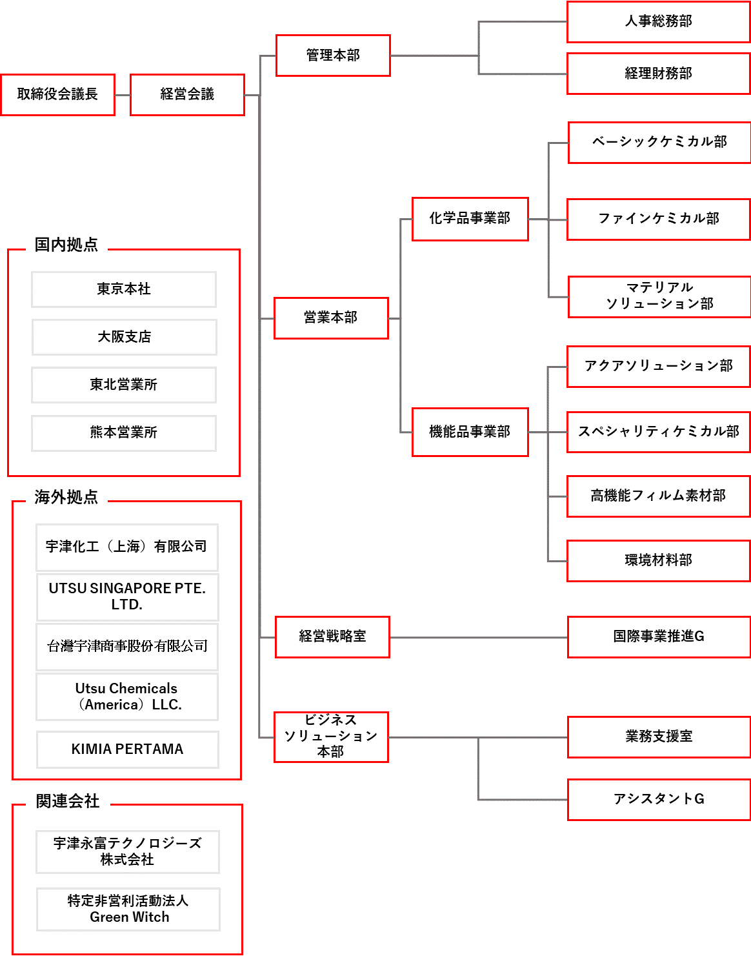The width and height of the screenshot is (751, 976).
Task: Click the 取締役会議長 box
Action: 57,95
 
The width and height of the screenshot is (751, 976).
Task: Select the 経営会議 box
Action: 187,95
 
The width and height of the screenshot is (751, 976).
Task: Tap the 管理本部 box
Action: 333,56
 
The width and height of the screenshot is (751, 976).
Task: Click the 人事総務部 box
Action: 658,22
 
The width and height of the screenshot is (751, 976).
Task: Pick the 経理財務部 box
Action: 658,74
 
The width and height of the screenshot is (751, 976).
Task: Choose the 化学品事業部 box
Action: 470,219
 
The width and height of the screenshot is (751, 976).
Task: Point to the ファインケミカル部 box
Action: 658,219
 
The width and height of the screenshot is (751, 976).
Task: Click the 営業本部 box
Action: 331,318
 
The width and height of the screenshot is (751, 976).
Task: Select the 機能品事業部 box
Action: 470,432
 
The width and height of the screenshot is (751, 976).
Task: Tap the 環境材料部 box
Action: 658,560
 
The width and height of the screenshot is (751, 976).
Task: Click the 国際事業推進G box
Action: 658,637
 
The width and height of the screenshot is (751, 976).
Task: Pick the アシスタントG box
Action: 658,800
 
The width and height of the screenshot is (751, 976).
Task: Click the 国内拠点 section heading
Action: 66,245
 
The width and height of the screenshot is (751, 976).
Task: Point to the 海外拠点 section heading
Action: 66,497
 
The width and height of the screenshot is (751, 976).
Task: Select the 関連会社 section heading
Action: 68,801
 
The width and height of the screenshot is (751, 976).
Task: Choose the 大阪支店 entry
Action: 124,337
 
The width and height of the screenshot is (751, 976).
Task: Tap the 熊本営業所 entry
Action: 124,432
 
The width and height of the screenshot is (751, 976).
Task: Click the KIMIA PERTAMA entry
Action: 127,749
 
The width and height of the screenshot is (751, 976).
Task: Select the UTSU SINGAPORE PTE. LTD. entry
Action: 127,596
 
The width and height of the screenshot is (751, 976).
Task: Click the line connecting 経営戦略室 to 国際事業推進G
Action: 478,637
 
